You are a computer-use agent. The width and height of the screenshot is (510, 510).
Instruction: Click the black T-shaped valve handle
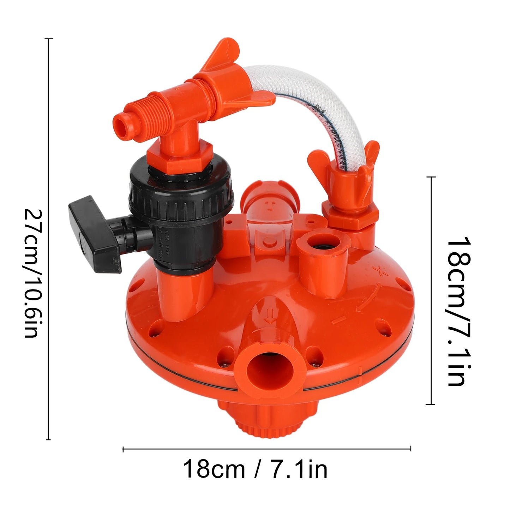95,233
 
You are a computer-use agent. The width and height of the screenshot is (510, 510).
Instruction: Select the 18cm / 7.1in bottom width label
255,469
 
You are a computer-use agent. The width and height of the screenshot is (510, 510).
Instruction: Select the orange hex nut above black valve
180,155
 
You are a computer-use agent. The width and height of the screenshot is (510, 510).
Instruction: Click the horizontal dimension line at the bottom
266,449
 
